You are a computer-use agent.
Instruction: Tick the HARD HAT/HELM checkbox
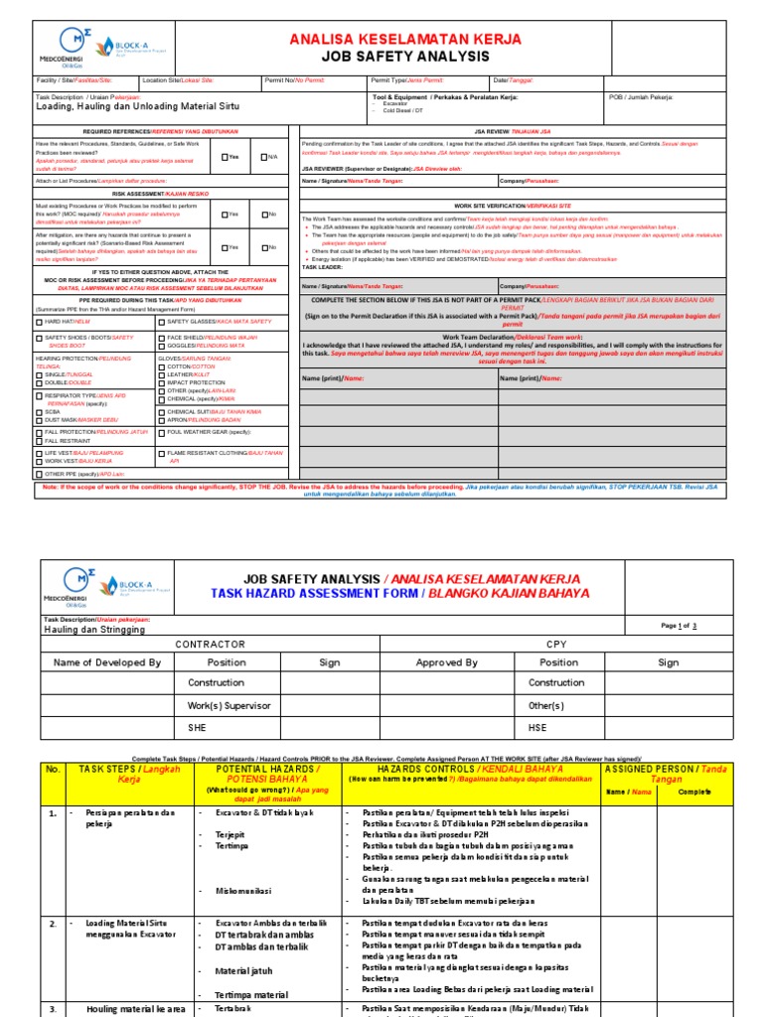[x=38, y=322]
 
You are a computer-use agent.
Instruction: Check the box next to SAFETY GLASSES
[x=161, y=322]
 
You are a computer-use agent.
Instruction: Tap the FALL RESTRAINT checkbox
[x=38, y=440]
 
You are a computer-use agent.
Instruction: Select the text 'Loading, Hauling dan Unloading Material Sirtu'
[x=137, y=106]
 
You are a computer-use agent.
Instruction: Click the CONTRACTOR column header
[x=210, y=645]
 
